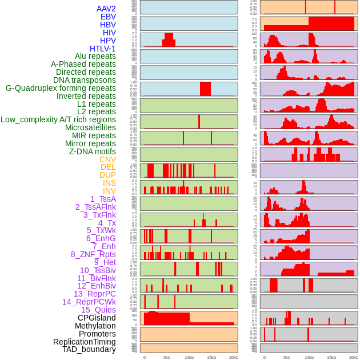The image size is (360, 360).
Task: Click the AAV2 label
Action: pos(106,9)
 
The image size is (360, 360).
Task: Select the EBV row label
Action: pos(107,17)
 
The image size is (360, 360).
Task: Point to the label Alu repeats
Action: pos(95,56)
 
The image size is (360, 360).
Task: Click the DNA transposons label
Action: pos(84,80)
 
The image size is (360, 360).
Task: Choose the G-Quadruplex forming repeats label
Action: pos(61,88)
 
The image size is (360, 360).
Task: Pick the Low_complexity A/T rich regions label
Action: pos(58,119)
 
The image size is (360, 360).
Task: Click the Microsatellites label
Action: pos(90,127)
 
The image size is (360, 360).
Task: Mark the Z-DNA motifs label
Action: pos(92,151)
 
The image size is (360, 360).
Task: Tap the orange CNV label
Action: pos(107,159)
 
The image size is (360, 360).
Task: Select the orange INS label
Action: pos(109,183)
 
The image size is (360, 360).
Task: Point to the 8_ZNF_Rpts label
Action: pos(93,254)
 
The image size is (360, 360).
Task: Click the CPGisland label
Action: pos(97,318)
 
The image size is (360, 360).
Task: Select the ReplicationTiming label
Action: pos(84,342)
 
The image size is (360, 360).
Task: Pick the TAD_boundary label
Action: pos(89,349)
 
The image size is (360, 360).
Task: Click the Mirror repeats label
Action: pos(90,143)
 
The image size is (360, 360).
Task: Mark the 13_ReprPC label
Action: pos(94,294)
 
